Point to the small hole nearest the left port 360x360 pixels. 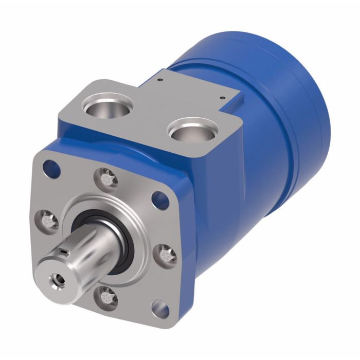(161, 80)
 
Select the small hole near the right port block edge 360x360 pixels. (222, 97)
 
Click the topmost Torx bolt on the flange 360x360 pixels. (107, 179)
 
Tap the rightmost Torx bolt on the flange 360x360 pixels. (166, 253)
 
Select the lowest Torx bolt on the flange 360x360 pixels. (107, 297)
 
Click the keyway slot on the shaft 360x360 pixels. (63, 250)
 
